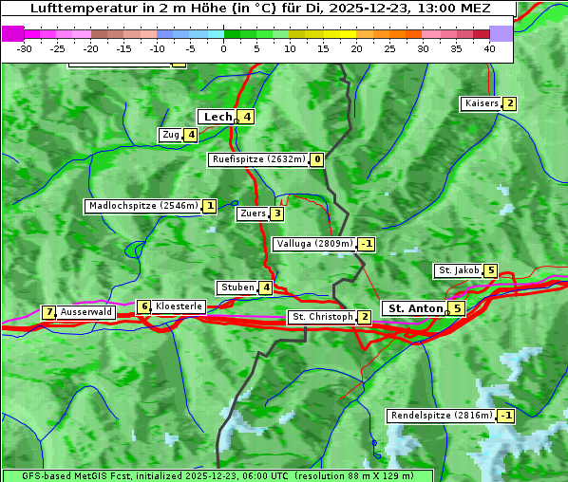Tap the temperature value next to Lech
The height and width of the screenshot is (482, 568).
[246, 117]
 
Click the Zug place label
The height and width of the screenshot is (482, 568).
[171, 135]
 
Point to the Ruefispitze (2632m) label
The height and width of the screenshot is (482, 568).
[258, 159]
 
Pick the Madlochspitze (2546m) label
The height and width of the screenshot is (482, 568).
[142, 206]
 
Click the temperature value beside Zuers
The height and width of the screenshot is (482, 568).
[276, 213]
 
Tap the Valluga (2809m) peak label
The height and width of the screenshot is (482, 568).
[314, 244]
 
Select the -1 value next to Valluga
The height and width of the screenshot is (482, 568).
[367, 244]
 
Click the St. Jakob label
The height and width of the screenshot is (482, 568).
[458, 270]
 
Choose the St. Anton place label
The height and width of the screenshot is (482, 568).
[415, 308]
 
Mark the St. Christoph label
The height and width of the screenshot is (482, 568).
[322, 317]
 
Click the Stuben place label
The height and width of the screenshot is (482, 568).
[237, 287]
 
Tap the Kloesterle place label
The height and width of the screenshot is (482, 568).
[179, 306]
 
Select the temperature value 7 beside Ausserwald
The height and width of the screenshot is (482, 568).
[48, 312]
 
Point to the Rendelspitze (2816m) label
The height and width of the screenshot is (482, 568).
[442, 416]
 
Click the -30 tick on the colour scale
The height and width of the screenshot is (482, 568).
[25, 48]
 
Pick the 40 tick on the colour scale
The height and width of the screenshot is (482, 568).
[489, 48]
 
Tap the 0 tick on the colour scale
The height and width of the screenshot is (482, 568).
[224, 48]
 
